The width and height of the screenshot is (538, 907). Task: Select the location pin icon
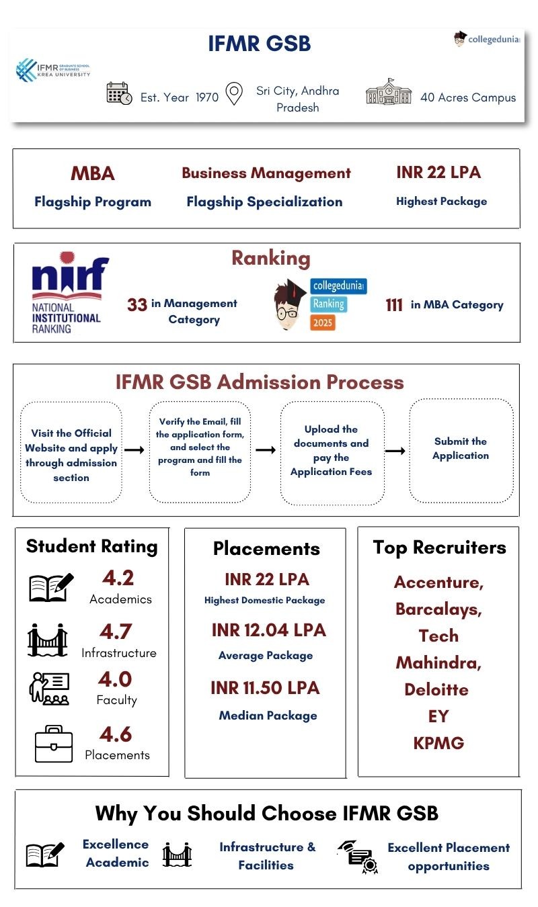pos(233,94)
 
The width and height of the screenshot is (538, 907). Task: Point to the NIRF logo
pos(67,294)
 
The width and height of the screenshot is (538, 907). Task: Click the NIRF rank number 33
pos(137,305)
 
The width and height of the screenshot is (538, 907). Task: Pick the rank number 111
pos(394,305)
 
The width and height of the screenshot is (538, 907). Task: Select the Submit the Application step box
pos(461,449)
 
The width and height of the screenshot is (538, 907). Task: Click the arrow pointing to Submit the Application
pos(395,450)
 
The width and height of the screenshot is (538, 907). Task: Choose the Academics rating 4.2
pos(118,578)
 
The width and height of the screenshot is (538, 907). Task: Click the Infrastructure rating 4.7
pos(117,632)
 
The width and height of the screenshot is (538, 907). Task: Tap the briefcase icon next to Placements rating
pos(53,744)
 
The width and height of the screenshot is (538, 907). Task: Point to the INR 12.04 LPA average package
pos(268,631)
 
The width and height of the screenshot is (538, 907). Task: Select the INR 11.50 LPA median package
pos(265,688)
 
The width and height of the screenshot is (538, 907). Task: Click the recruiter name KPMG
pos(438,743)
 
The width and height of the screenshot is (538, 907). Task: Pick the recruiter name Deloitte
pos(436,689)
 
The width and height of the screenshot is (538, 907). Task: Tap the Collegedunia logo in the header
pos(487,40)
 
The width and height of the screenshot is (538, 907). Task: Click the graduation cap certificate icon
pos(357,857)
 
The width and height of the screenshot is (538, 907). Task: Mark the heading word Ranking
pos(271,258)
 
